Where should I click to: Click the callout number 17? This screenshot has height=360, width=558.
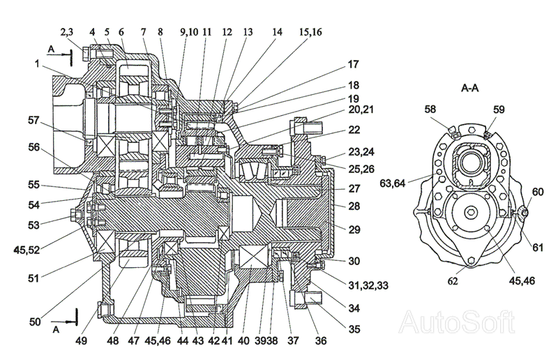coord(353,64)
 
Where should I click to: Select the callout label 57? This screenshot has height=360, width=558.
coord(33,121)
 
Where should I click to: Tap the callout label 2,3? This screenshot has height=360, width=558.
coord(66,32)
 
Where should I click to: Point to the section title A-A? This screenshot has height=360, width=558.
coord(469,88)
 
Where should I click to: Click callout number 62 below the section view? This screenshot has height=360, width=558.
coord(452,281)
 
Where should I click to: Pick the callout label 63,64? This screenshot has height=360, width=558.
coord(393,183)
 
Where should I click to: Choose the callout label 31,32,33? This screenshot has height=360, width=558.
coord(368,285)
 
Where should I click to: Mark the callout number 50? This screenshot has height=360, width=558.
coord(35,322)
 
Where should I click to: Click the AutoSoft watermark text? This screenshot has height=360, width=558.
coord(457,322)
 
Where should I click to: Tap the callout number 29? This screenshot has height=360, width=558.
coord(354,230)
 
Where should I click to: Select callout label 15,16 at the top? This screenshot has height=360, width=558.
coord(310,32)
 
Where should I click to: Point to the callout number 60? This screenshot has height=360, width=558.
coord(538,192)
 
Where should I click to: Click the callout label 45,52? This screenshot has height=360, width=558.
coord(27,250)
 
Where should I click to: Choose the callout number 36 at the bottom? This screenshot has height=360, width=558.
coord(321,340)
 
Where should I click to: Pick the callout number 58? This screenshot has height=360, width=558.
coord(430,110)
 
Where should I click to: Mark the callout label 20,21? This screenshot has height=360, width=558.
coord(361,110)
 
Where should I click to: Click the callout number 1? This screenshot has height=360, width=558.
coord(37,63)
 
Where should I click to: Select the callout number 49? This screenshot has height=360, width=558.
coord(81,340)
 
